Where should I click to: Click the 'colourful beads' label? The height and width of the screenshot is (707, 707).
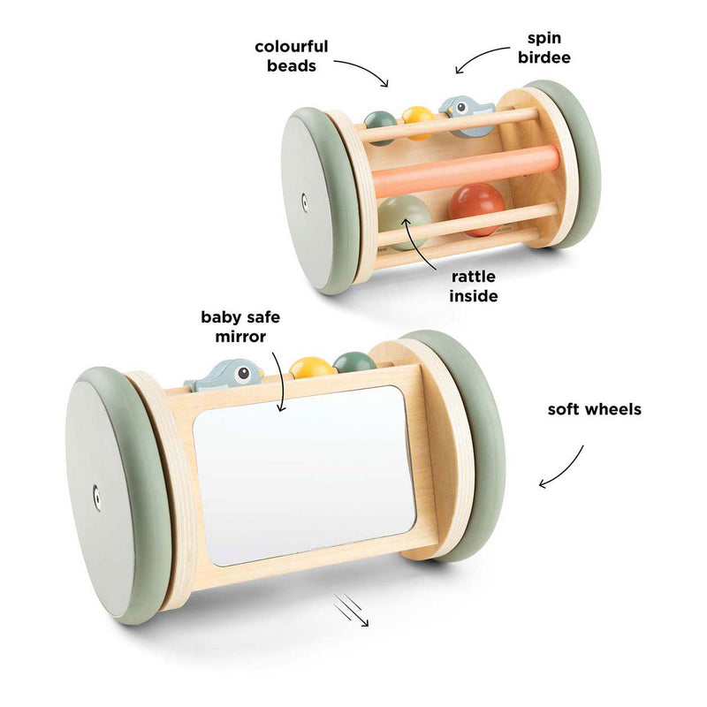[x=292, y=57]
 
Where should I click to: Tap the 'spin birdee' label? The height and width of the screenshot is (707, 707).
[x=544, y=48]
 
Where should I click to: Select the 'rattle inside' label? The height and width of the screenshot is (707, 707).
[x=474, y=286]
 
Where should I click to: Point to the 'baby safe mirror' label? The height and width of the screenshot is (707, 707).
[x=240, y=327]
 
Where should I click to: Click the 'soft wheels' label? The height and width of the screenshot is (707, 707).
[x=594, y=409]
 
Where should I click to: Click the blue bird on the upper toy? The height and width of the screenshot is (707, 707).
[x=467, y=116]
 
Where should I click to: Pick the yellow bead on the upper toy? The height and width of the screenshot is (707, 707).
[x=418, y=122]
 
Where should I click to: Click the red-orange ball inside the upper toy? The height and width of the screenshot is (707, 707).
[x=476, y=209]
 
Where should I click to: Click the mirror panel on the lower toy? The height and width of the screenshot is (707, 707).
[x=304, y=475]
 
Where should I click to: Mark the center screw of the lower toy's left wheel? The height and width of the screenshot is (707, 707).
[x=96, y=498]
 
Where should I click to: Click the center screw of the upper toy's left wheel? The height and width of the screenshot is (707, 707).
[x=305, y=203]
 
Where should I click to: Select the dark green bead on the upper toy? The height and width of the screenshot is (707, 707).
[x=380, y=127]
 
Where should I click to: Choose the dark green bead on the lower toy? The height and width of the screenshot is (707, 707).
[x=354, y=361]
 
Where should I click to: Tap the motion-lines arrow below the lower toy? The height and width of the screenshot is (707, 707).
[x=351, y=610]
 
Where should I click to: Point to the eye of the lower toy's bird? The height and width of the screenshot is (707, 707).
[x=244, y=372]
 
